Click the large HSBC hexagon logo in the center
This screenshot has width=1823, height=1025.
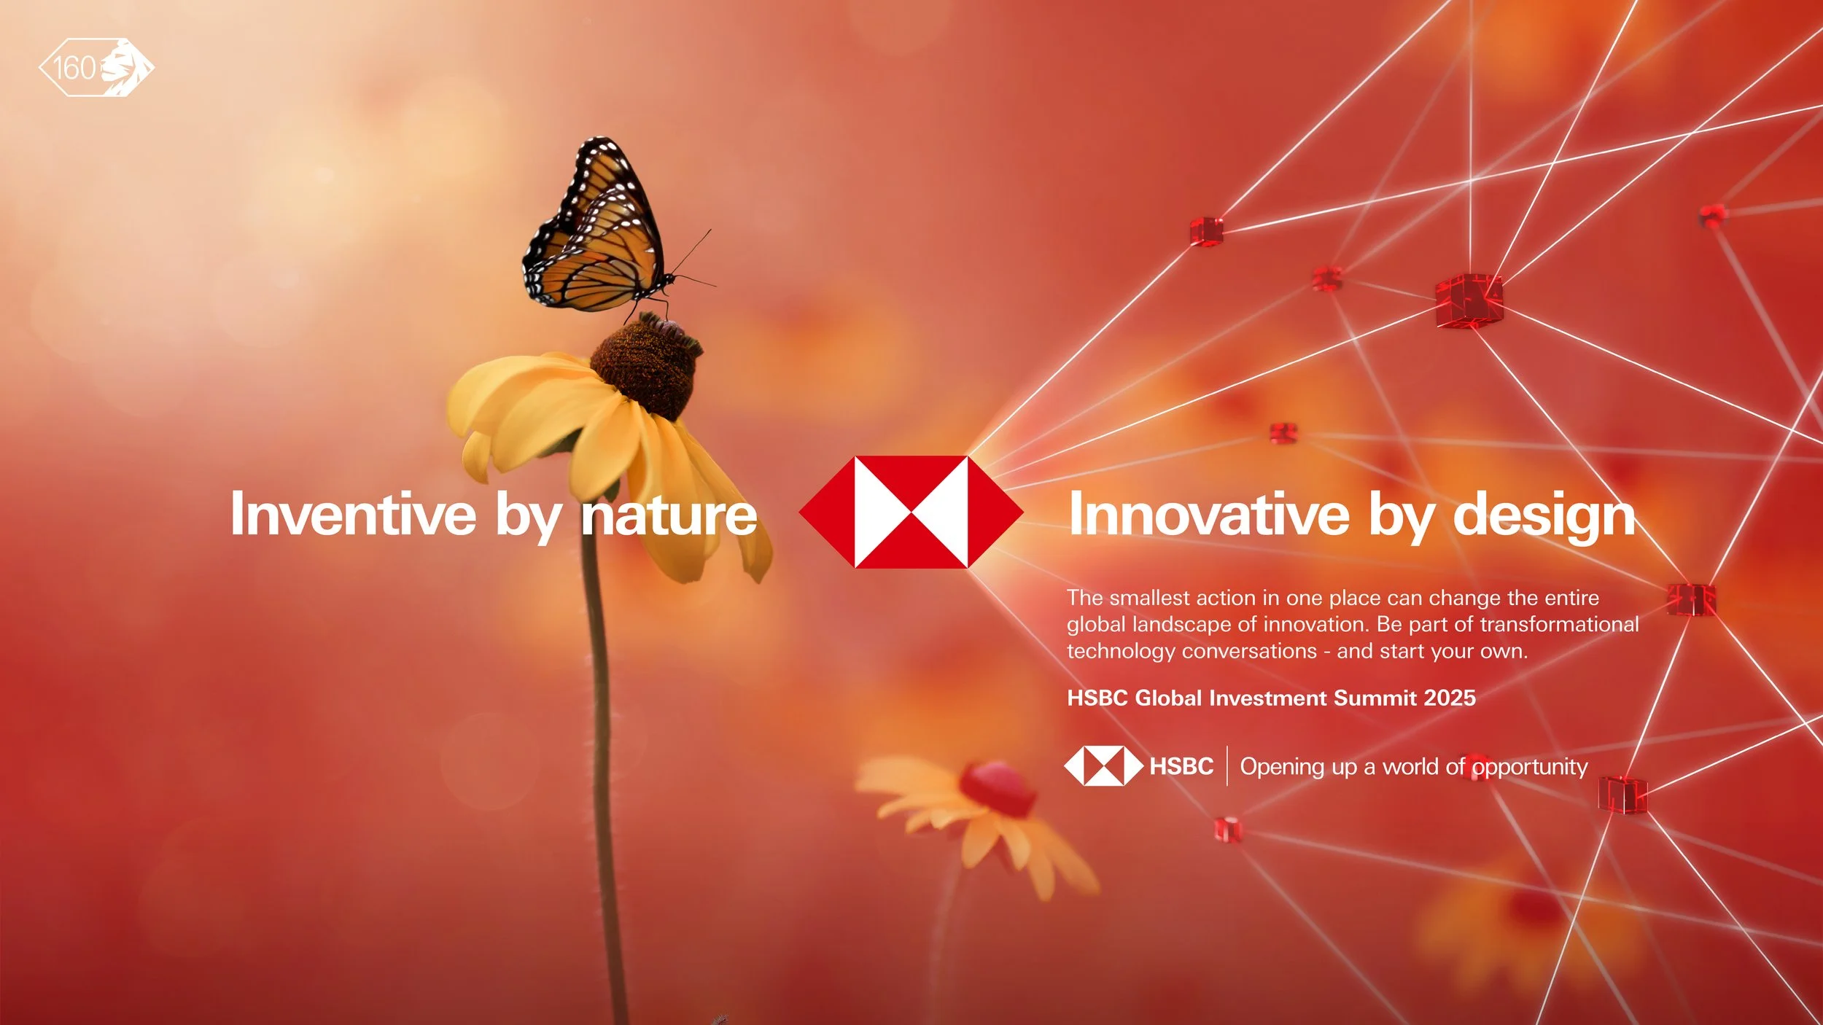coord(911,512)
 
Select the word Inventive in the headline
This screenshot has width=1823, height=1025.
coord(353,515)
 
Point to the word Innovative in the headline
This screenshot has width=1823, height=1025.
coord(1209,515)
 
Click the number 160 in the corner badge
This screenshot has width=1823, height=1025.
coord(74,69)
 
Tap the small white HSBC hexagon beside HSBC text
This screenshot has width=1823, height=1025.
coord(1103,766)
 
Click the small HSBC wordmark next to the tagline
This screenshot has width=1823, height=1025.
coord(1181,766)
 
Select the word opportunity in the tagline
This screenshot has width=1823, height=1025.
coord(1529,768)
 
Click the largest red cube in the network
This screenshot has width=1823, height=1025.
coord(1469,300)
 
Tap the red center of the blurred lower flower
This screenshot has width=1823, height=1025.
coord(997,788)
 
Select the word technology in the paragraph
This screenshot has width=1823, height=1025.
coord(1119,651)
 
